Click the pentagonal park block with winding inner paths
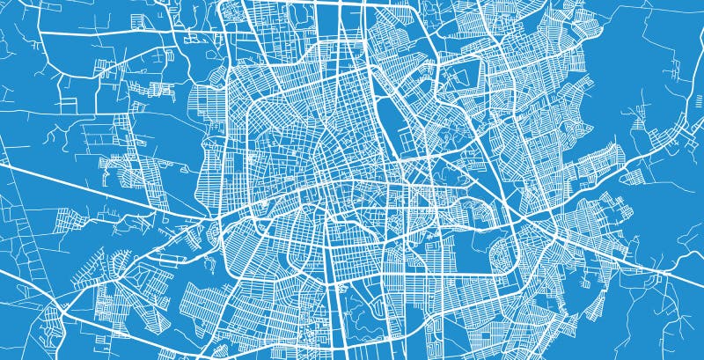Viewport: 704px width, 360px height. [440, 132]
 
